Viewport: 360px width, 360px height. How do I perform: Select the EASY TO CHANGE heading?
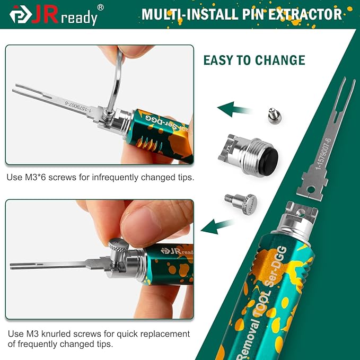[254, 59]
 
